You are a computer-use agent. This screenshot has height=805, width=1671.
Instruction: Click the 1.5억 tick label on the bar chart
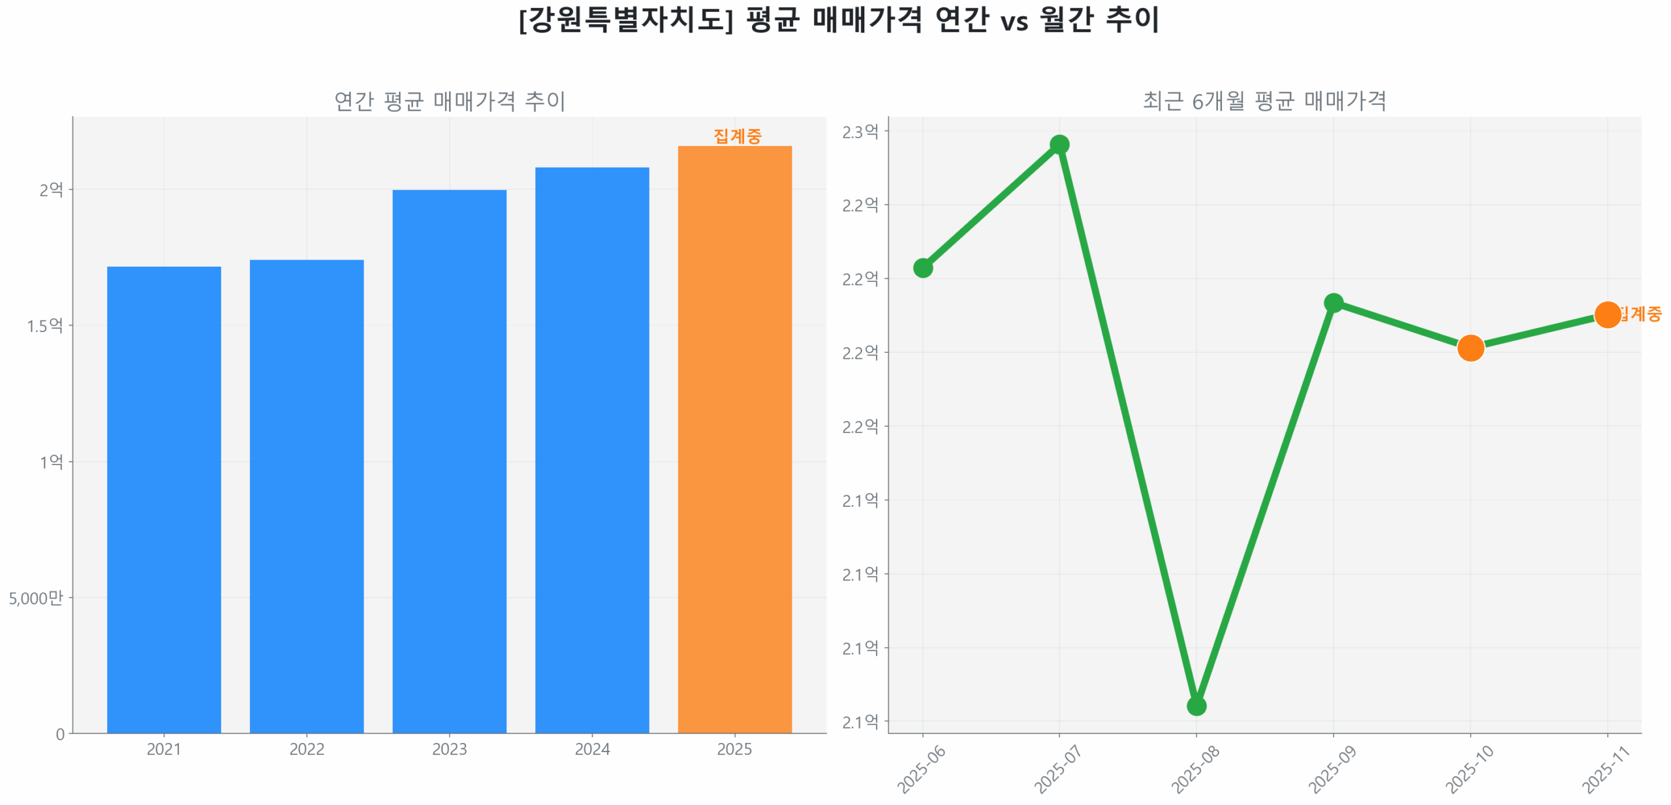(x=44, y=325)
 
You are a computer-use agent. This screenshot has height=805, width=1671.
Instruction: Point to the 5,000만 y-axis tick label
(x=36, y=597)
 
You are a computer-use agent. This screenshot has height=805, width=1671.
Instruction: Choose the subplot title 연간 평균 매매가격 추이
(x=449, y=100)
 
